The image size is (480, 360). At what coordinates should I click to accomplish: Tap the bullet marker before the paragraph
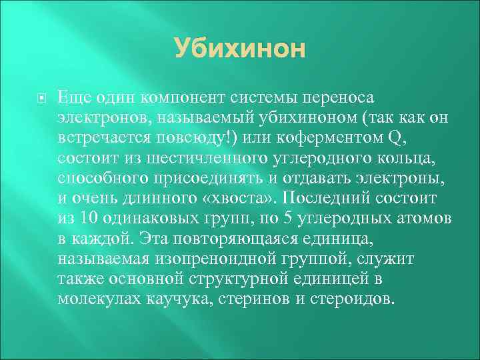pyautogui.click(x=41, y=97)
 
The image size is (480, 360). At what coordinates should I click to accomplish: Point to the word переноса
pyautogui.click(x=361, y=98)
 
